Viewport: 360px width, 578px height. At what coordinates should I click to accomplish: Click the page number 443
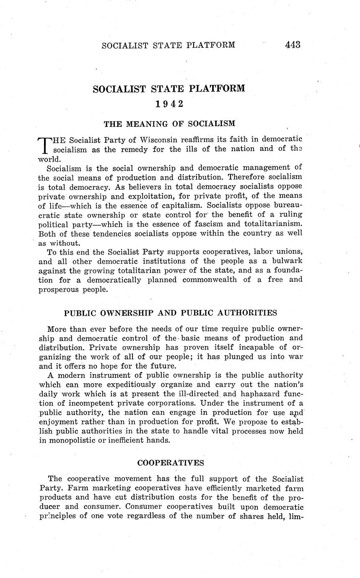[293, 45]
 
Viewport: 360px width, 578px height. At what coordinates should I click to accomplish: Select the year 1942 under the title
[169, 104]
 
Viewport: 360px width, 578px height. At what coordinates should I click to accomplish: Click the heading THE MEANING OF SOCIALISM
[169, 124]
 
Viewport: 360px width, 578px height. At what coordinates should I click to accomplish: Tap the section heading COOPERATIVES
[171, 463]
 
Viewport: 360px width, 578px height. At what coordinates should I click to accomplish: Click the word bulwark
[285, 261]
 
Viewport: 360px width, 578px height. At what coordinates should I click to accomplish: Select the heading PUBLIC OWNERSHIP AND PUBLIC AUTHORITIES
[171, 313]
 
